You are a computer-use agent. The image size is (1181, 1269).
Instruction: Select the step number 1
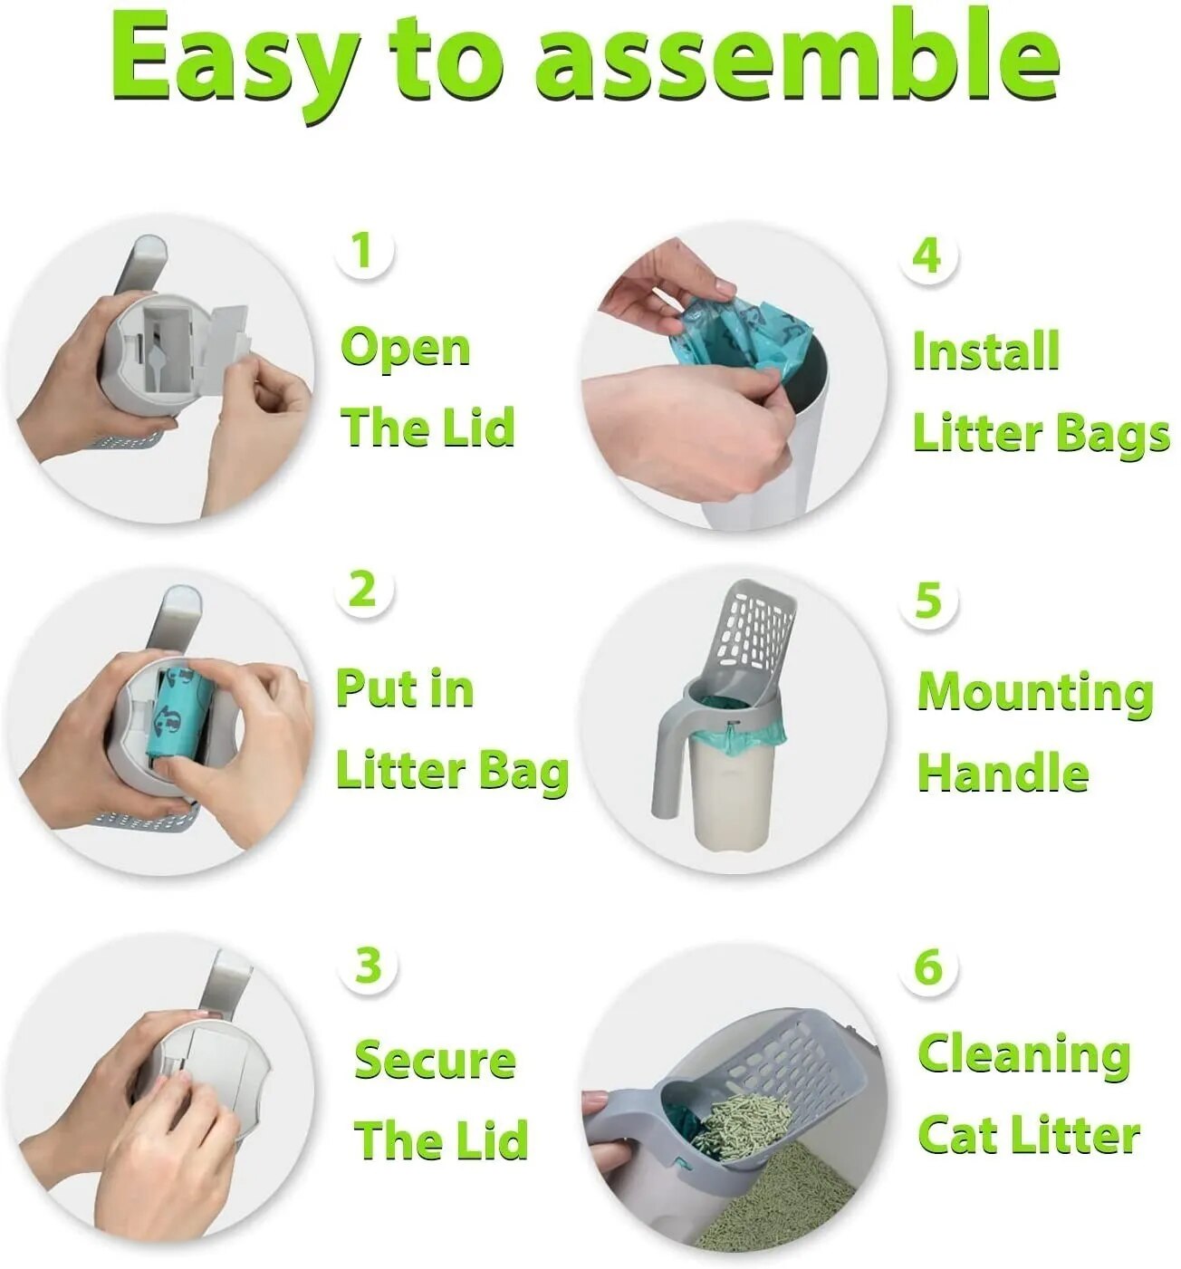363,250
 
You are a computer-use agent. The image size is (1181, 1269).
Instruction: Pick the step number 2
362,590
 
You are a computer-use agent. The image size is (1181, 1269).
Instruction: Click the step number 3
368,966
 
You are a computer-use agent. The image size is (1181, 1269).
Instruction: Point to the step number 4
927,255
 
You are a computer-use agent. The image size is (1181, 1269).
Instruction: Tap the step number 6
929,967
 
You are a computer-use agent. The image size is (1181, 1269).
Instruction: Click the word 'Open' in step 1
405,350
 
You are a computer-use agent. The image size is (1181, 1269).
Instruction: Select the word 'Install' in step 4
985,351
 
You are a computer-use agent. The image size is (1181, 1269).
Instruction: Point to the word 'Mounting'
1035,693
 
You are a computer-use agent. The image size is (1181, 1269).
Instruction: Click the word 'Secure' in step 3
435,1061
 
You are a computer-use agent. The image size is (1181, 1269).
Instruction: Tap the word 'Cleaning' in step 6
1024,1055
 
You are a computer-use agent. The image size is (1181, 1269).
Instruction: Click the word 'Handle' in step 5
1003,774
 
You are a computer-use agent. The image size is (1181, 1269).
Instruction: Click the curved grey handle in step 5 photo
665,761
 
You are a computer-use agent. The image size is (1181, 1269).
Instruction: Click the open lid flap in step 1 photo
224,341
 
